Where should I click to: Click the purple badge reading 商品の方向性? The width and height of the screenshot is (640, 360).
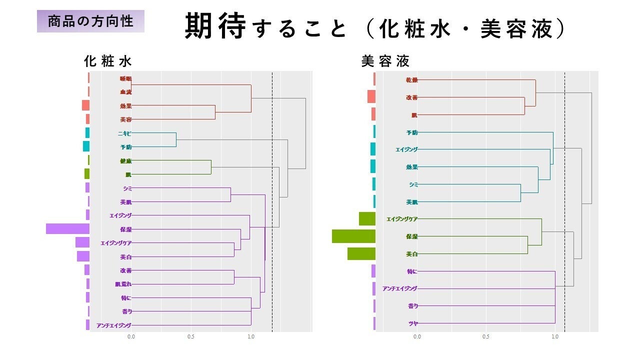[x=90, y=21]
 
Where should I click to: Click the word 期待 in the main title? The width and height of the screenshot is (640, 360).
[x=215, y=26]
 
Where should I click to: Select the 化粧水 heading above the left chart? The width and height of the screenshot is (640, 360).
[x=107, y=61]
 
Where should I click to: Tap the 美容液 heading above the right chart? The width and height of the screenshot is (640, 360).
[x=385, y=61]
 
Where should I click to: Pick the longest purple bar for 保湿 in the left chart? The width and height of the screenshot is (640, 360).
[x=67, y=229]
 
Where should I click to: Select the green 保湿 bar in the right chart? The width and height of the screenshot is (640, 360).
[x=353, y=236]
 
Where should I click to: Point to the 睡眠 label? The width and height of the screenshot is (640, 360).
[x=125, y=78]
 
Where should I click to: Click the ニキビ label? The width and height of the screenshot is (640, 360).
[x=124, y=133]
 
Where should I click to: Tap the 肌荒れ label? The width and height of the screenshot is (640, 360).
[x=123, y=284]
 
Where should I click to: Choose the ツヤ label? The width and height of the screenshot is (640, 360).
[x=413, y=323]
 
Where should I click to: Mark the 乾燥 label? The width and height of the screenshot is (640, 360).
[x=411, y=80]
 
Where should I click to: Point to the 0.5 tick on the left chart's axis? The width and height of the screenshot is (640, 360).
[x=191, y=337]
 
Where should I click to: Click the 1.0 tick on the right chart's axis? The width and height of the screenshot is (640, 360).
[x=555, y=337]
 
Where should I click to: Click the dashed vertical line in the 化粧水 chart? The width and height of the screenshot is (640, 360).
[x=272, y=200]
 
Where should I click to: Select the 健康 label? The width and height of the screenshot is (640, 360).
[x=125, y=161]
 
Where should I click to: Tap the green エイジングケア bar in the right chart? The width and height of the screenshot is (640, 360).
[x=367, y=219]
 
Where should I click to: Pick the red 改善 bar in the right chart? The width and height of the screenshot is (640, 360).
[x=371, y=96]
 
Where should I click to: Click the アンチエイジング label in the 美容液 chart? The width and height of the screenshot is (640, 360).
[x=399, y=288]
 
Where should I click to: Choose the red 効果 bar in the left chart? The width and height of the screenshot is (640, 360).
[x=85, y=105]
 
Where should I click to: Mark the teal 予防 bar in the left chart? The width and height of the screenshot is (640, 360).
[x=86, y=146]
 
